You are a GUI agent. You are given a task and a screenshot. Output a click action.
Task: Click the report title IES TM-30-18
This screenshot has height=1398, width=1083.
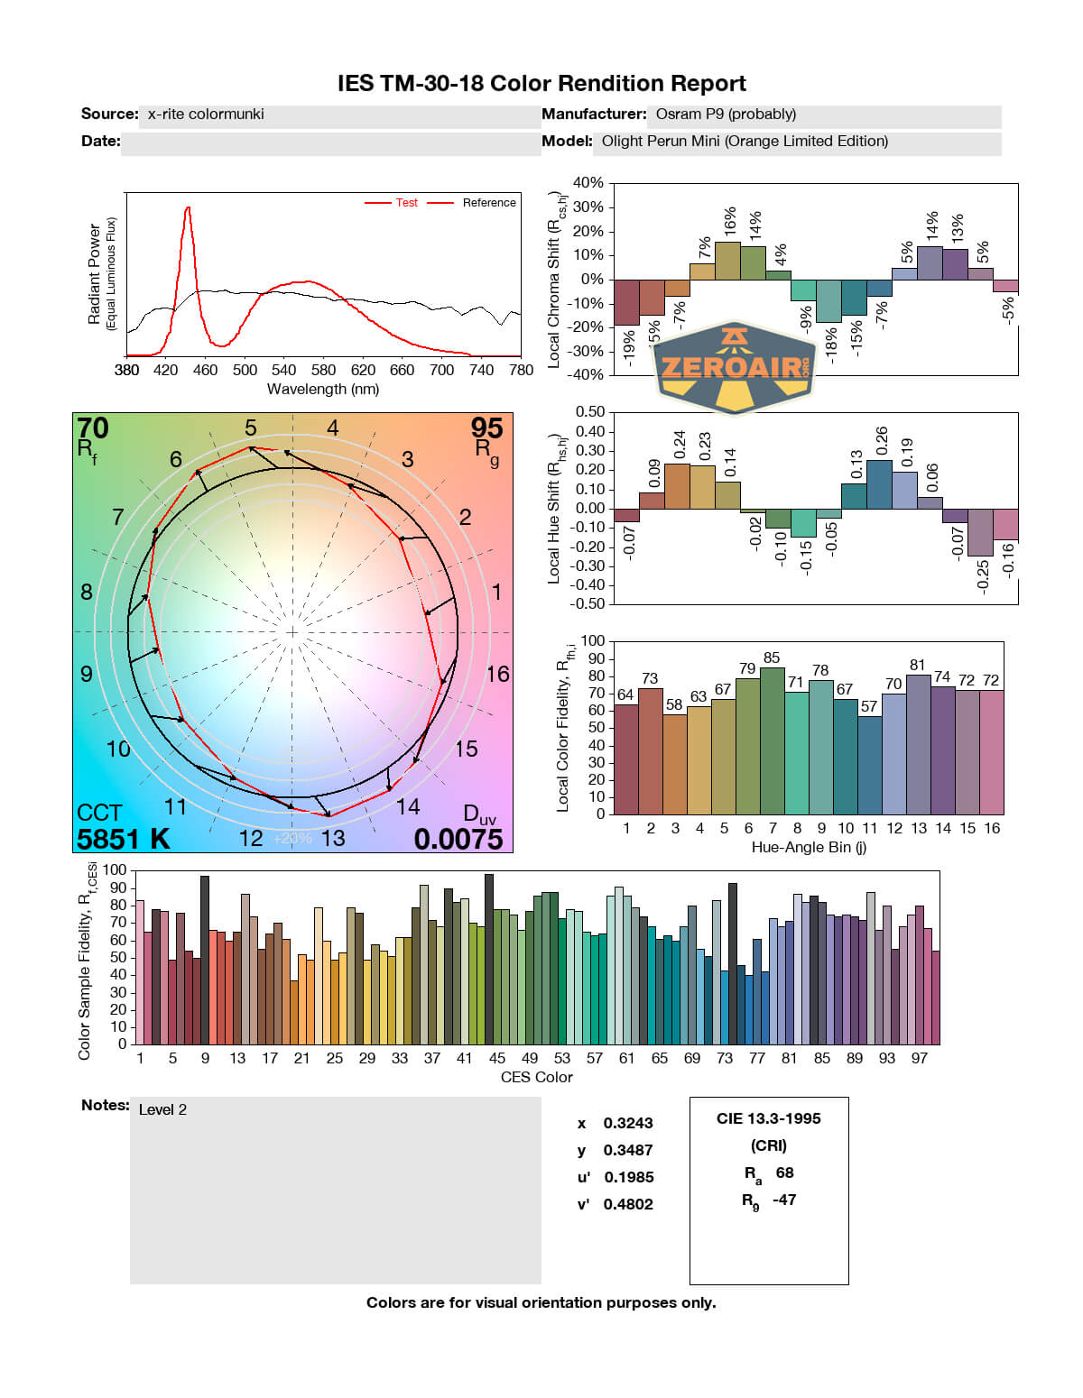pos(541,84)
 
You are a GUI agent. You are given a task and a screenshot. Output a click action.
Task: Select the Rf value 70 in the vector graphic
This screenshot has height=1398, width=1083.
pos(93,428)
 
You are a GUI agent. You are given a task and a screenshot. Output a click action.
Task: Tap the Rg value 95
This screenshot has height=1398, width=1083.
pos(486,428)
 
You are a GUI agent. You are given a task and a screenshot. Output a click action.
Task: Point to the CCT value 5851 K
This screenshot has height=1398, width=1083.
pos(123,839)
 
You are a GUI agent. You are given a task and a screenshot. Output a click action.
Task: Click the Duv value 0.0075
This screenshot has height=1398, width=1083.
pos(458,839)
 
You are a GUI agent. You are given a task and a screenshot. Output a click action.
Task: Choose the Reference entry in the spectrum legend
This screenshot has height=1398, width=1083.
pos(489,203)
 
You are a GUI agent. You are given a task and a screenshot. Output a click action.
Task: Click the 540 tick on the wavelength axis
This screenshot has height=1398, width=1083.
pos(283,370)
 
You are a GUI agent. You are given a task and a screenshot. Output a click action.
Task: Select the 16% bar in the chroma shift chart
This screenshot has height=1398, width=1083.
pos(727,261)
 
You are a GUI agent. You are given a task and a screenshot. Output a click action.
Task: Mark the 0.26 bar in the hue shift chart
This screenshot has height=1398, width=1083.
pos(879,484)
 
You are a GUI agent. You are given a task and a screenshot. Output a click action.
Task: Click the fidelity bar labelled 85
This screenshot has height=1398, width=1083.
pos(773,740)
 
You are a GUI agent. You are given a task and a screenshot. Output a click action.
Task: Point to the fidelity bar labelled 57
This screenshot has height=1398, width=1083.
pos(870,765)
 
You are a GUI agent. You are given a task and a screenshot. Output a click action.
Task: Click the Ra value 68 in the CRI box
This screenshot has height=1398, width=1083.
pos(784,1173)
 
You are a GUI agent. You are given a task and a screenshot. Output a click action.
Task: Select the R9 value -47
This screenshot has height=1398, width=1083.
pos(784,1200)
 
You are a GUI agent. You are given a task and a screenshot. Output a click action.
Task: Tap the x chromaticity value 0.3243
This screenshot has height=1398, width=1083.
pos(628,1123)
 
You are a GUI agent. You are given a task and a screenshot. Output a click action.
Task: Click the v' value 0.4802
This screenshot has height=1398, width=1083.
pos(628,1204)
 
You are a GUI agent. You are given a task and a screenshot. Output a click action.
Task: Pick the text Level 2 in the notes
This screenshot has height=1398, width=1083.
pos(162,1109)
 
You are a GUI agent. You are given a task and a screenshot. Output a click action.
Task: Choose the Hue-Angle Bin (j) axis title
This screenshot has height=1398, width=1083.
pos(809,848)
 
